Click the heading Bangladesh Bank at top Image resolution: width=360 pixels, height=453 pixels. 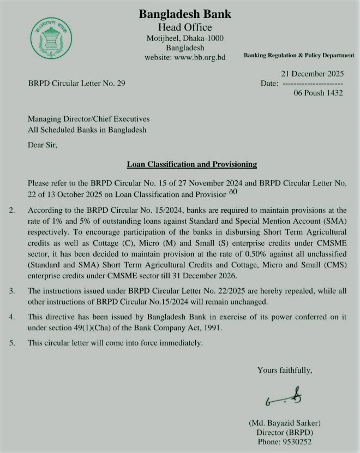[x=185, y=14]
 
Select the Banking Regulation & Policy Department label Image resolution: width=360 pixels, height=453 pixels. [x=299, y=56]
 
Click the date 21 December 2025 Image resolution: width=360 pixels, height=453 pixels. [x=312, y=74]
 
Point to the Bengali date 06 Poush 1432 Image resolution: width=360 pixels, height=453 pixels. [x=318, y=93]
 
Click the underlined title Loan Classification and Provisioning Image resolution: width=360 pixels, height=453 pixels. [x=191, y=164]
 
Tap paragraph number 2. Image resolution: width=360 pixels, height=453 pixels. [x=13, y=210]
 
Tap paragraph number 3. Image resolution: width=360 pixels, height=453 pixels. [x=13, y=289]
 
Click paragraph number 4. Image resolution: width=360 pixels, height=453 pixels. [x=13, y=317]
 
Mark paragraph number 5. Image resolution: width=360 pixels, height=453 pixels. [x=13, y=343]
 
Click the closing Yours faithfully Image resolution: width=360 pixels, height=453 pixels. [x=285, y=370]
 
